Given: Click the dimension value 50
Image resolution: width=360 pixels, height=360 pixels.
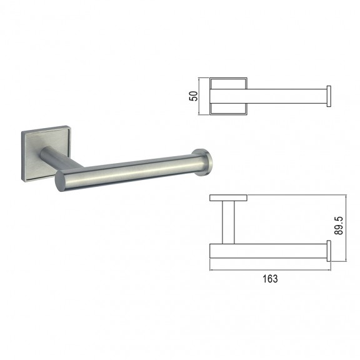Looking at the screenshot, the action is tap(193, 96).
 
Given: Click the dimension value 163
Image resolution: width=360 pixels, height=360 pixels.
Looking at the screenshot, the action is tap(270, 279).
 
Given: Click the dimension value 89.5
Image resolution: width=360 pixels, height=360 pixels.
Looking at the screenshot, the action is tap(339, 226).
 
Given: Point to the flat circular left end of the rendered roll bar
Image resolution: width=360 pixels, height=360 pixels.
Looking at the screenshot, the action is tap(60, 181).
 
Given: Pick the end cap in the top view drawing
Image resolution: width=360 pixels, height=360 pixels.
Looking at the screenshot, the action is tap(329, 96).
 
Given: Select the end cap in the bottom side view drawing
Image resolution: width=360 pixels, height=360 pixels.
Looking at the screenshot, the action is tap(329, 251).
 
